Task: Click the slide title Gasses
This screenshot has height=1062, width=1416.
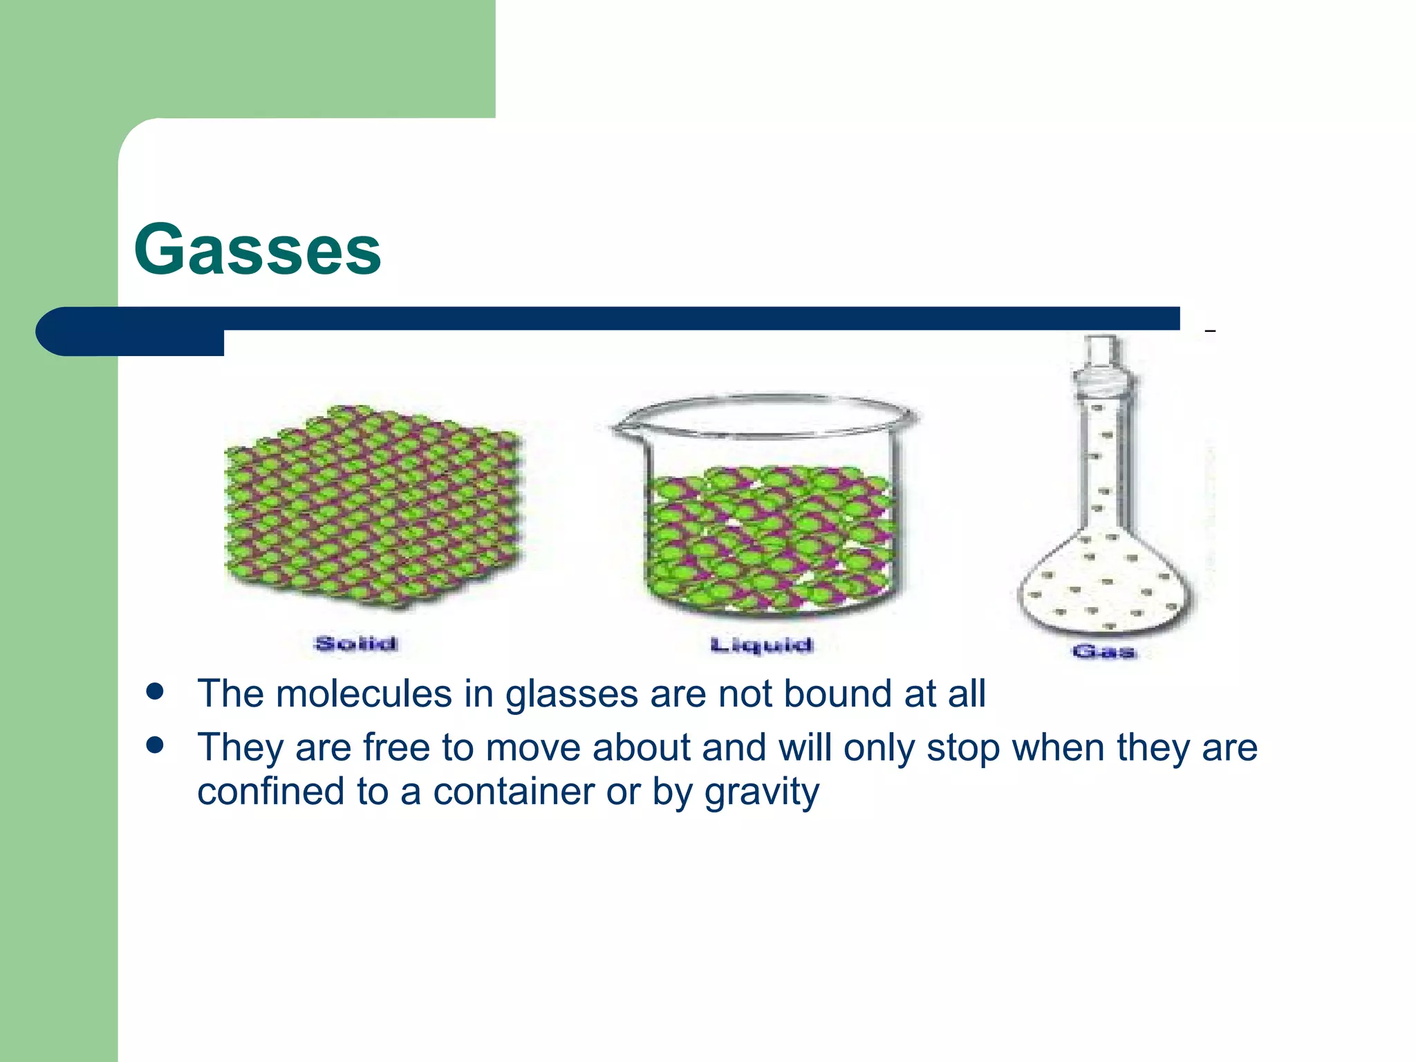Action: click(257, 250)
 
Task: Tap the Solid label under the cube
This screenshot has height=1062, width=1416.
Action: click(356, 644)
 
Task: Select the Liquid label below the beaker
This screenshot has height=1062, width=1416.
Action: click(761, 645)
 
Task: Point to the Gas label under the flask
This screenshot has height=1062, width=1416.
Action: click(1104, 651)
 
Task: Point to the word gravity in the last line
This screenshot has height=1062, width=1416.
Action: click(761, 792)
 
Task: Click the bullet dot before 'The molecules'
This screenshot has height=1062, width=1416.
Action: click(155, 691)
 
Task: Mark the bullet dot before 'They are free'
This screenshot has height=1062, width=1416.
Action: click(155, 745)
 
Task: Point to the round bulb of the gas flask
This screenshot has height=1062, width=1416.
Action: click(1105, 588)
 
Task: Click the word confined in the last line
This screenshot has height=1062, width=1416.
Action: click(270, 792)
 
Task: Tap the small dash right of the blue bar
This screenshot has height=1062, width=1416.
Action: click(1210, 332)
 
